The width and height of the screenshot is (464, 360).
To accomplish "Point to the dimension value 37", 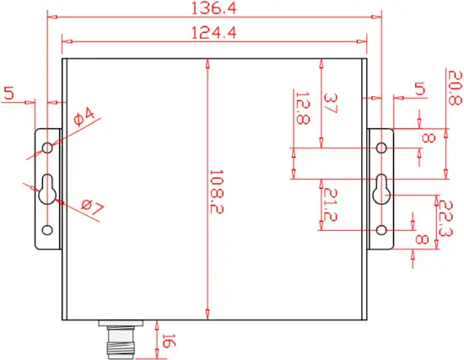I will [x=331, y=105].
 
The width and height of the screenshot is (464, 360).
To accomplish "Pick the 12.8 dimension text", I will [x=302, y=107].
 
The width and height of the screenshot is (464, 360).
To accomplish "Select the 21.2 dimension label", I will [x=331, y=202].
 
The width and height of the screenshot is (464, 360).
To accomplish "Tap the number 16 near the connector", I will [x=167, y=342].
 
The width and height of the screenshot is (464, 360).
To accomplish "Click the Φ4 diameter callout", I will [x=84, y=118].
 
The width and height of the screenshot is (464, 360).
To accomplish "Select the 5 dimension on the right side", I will [x=419, y=89].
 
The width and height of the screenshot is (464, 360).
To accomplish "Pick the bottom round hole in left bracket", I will [x=47, y=229].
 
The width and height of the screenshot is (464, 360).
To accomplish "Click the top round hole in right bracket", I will [x=382, y=148].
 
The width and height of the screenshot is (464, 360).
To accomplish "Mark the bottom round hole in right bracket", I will [x=382, y=229].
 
